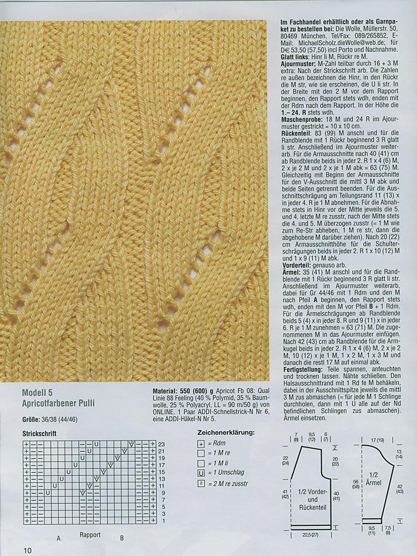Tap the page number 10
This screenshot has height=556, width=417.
click(28, 550)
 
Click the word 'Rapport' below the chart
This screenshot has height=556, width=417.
click(90, 535)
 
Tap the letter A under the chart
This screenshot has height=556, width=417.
click(58, 538)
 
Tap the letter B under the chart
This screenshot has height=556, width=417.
click(122, 538)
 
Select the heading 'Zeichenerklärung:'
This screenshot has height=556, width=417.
click(226, 432)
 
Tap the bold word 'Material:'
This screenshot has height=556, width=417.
click(164, 391)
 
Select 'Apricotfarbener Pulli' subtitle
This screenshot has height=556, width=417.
click(58, 403)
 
